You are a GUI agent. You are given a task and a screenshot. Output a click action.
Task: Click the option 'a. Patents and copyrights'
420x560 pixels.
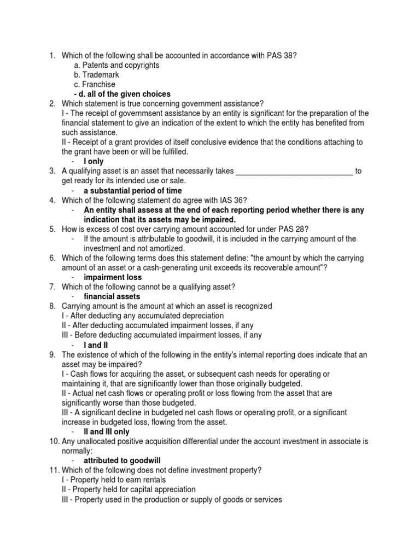[x=116, y=65]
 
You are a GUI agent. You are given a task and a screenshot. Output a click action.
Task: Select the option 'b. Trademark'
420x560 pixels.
[x=96, y=75]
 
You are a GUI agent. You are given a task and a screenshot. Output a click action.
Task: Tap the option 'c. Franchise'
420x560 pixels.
[x=95, y=84]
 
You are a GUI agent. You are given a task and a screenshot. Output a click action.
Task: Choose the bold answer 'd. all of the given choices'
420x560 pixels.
[x=122, y=94]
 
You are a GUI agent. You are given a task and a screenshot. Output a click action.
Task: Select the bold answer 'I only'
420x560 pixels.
[x=94, y=162]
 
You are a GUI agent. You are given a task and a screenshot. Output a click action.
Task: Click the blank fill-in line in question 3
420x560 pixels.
[x=294, y=171]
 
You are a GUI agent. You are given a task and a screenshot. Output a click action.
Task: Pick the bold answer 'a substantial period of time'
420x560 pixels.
[x=133, y=191]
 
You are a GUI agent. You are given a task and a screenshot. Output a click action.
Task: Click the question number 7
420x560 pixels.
[x=52, y=287]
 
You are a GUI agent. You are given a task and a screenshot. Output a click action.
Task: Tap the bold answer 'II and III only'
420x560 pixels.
[x=107, y=431]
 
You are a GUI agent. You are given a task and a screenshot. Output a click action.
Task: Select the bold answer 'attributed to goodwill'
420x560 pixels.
[x=122, y=460]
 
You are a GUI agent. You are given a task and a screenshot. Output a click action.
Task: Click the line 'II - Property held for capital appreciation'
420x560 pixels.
[x=129, y=489]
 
